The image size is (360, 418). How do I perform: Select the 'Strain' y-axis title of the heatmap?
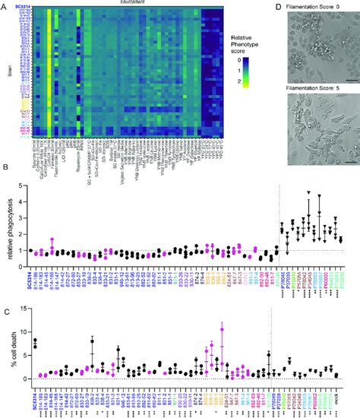(5, 74)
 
